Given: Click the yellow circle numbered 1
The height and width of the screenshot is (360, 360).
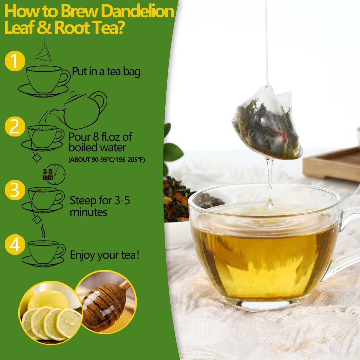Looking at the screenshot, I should point(15,61).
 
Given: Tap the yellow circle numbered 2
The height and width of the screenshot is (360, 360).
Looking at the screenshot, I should point(15,127).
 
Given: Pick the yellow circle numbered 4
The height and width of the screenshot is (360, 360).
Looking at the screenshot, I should point(15,246).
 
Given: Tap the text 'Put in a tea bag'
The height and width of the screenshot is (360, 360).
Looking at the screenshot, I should point(106,71).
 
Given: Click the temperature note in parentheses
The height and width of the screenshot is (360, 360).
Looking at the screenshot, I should point(107,160).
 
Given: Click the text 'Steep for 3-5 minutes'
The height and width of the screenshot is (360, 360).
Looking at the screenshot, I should point(100,206).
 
